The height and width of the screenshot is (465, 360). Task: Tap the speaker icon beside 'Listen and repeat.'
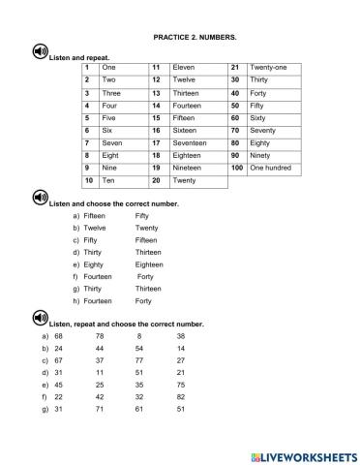pos(40,52)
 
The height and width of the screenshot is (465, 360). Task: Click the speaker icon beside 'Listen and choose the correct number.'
pos(40,198)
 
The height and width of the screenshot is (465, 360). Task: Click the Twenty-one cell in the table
pos(268,67)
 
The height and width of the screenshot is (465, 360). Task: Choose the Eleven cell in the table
pos(184,67)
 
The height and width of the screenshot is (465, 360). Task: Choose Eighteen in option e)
pos(150,264)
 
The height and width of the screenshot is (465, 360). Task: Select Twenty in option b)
pos(147,228)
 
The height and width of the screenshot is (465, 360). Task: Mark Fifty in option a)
pos(143,215)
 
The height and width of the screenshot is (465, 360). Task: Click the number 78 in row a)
pos(101,335)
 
